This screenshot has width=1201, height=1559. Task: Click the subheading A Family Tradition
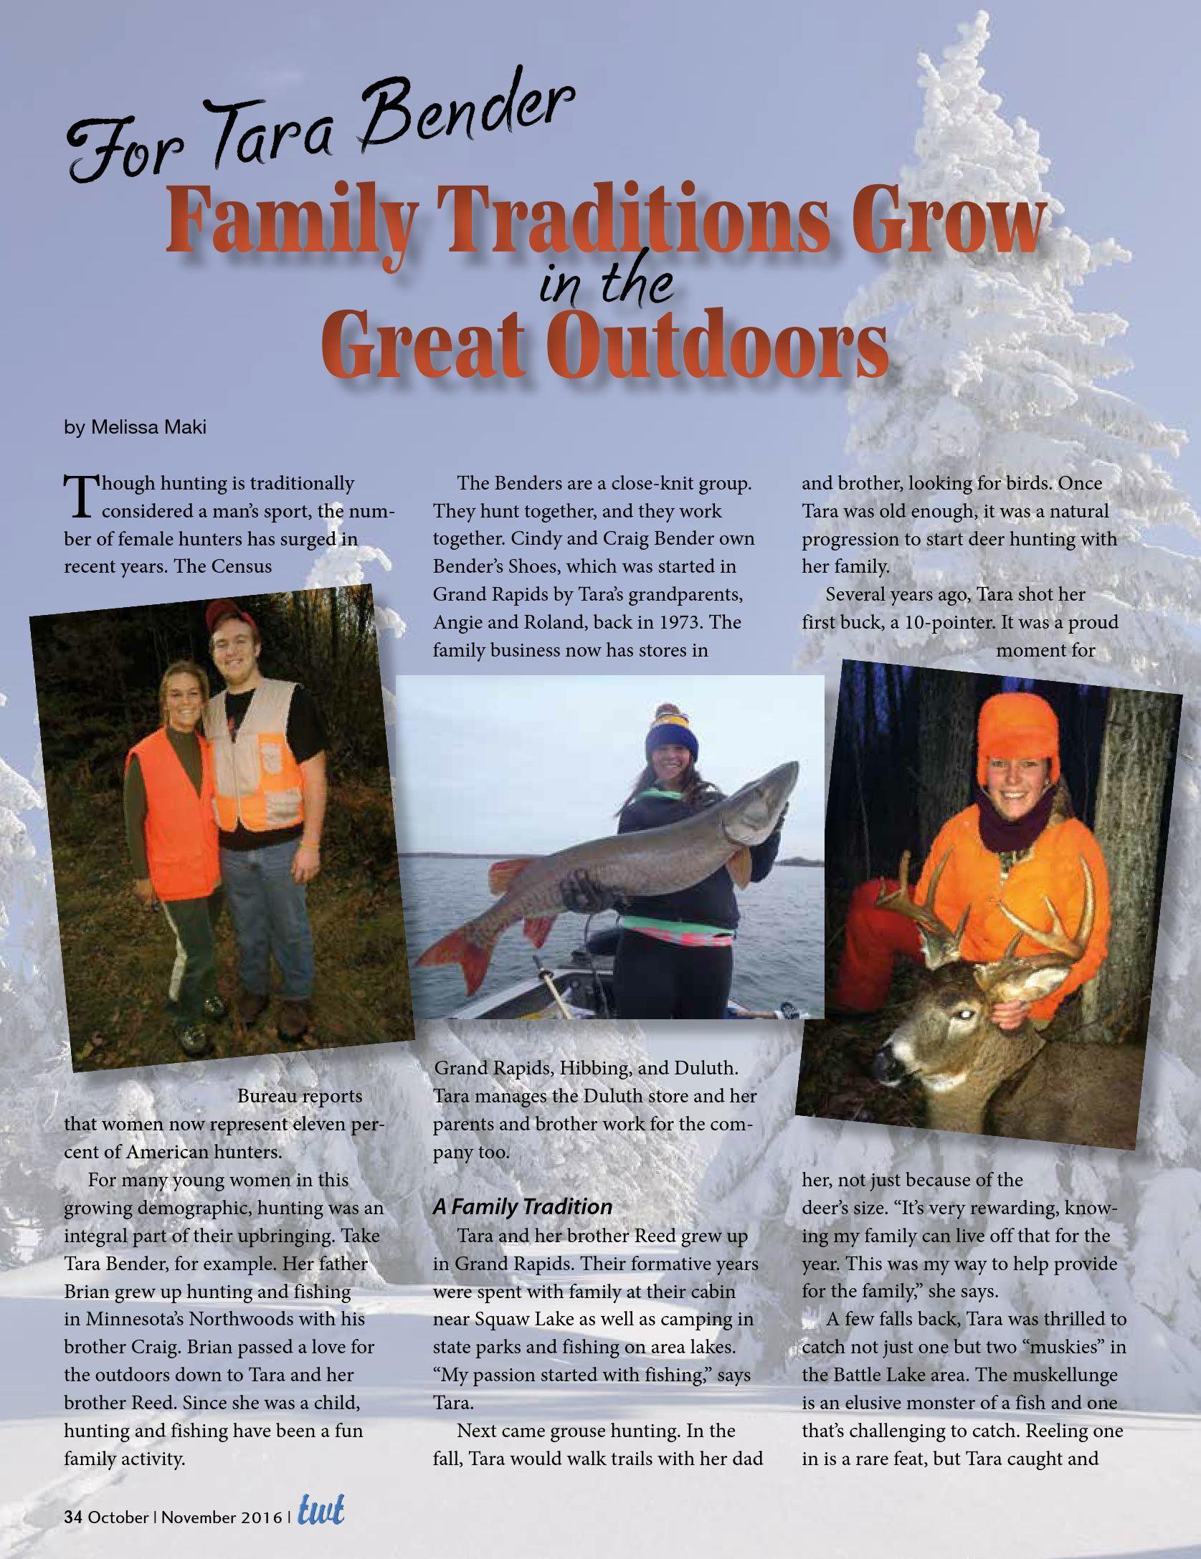[x=522, y=1206]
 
